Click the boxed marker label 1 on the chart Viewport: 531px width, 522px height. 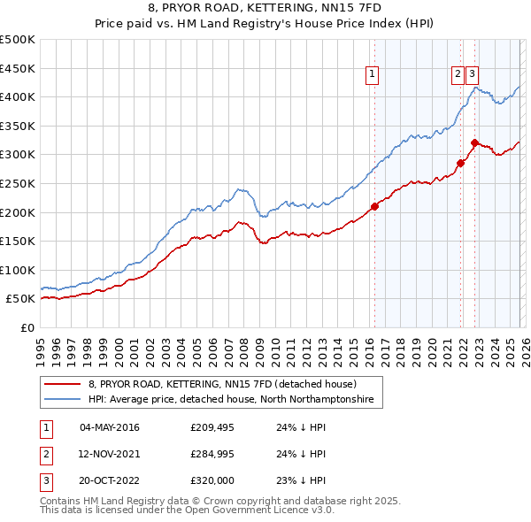(373, 75)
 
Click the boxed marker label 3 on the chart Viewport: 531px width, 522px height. (473, 75)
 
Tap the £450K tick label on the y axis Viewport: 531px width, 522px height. (18, 68)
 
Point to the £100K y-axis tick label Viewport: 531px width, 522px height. (18, 270)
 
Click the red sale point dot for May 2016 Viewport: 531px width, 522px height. (374, 207)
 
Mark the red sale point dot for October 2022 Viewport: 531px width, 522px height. (475, 142)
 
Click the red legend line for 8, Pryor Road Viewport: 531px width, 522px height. (62, 385)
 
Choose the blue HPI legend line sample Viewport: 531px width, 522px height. (62, 401)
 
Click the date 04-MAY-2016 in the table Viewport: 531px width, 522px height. (109, 428)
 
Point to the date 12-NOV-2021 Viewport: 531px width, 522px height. (109, 454)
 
